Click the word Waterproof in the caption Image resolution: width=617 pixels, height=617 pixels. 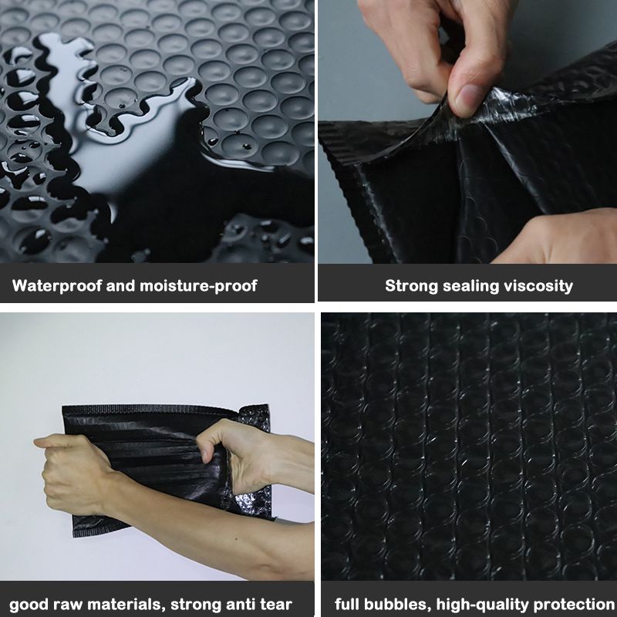57,285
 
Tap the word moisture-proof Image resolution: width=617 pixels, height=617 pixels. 198,285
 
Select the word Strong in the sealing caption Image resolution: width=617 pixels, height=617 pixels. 411,286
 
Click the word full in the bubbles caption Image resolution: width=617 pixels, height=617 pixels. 346,603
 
